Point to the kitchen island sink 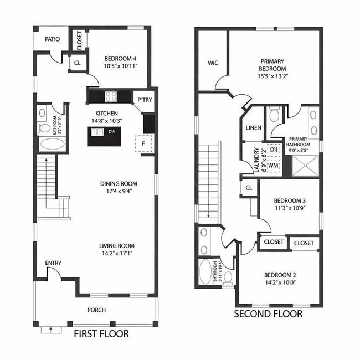click(x=97, y=132)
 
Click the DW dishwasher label click(x=111, y=132)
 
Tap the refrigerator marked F click(x=143, y=144)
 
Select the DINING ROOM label click(x=119, y=184)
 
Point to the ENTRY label click(x=53, y=263)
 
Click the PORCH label click(x=96, y=310)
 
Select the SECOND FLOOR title click(x=268, y=314)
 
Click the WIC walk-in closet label click(x=213, y=63)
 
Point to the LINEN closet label click(x=253, y=128)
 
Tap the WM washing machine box click(x=274, y=165)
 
